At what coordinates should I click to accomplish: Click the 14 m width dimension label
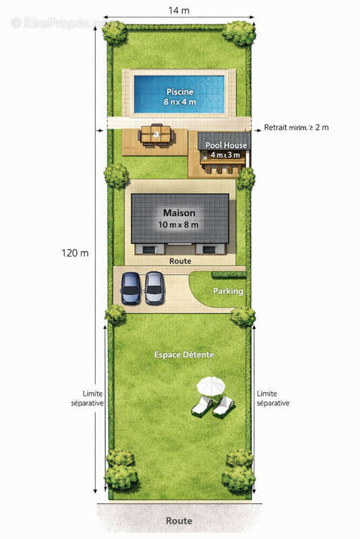tap(179, 10)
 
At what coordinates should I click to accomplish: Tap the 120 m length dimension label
tap(75, 253)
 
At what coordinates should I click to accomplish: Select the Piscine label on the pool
tap(180, 92)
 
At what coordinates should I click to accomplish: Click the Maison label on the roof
tap(179, 213)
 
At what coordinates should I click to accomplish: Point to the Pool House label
tap(226, 145)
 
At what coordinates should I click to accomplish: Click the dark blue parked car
tap(131, 288)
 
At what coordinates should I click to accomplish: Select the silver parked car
tap(154, 288)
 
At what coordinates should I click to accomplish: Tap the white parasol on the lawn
tap(211, 385)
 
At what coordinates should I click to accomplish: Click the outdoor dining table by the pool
tap(156, 135)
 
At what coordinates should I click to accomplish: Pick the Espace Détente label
tap(184, 355)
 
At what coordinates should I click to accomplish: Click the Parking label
tap(228, 291)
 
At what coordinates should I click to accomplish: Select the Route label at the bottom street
tap(179, 521)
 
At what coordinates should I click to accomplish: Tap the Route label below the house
tap(180, 261)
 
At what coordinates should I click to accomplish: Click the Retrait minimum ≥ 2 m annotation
tap(297, 127)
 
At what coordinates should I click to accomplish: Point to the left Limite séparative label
tap(88, 398)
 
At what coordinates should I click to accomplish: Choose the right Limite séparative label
tap(273, 398)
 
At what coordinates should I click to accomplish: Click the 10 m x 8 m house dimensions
tap(178, 225)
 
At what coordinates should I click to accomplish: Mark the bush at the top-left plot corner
tap(115, 32)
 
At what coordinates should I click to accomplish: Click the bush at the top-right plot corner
tap(239, 33)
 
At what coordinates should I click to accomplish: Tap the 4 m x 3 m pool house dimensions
tap(225, 155)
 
